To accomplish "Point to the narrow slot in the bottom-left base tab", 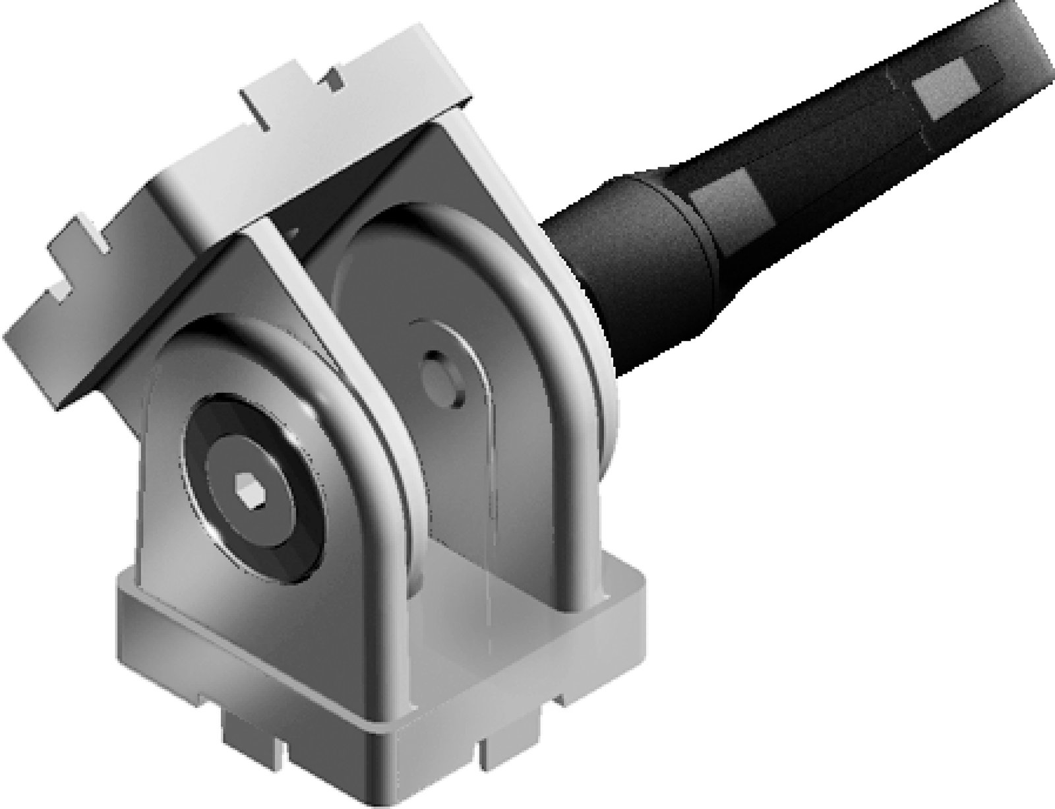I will tap(284, 746).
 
